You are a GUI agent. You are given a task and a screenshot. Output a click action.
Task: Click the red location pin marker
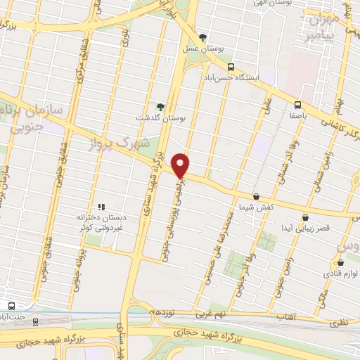click(x=181, y=165)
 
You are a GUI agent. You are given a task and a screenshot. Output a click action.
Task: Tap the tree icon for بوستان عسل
click(x=203, y=37)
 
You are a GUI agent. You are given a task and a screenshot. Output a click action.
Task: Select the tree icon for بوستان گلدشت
click(x=161, y=106)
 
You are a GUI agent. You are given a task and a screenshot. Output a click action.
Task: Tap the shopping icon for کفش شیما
click(x=256, y=197)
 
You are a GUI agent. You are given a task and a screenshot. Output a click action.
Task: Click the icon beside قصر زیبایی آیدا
click(x=304, y=218)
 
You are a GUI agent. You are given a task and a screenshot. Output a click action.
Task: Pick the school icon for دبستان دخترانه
click(x=101, y=207)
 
